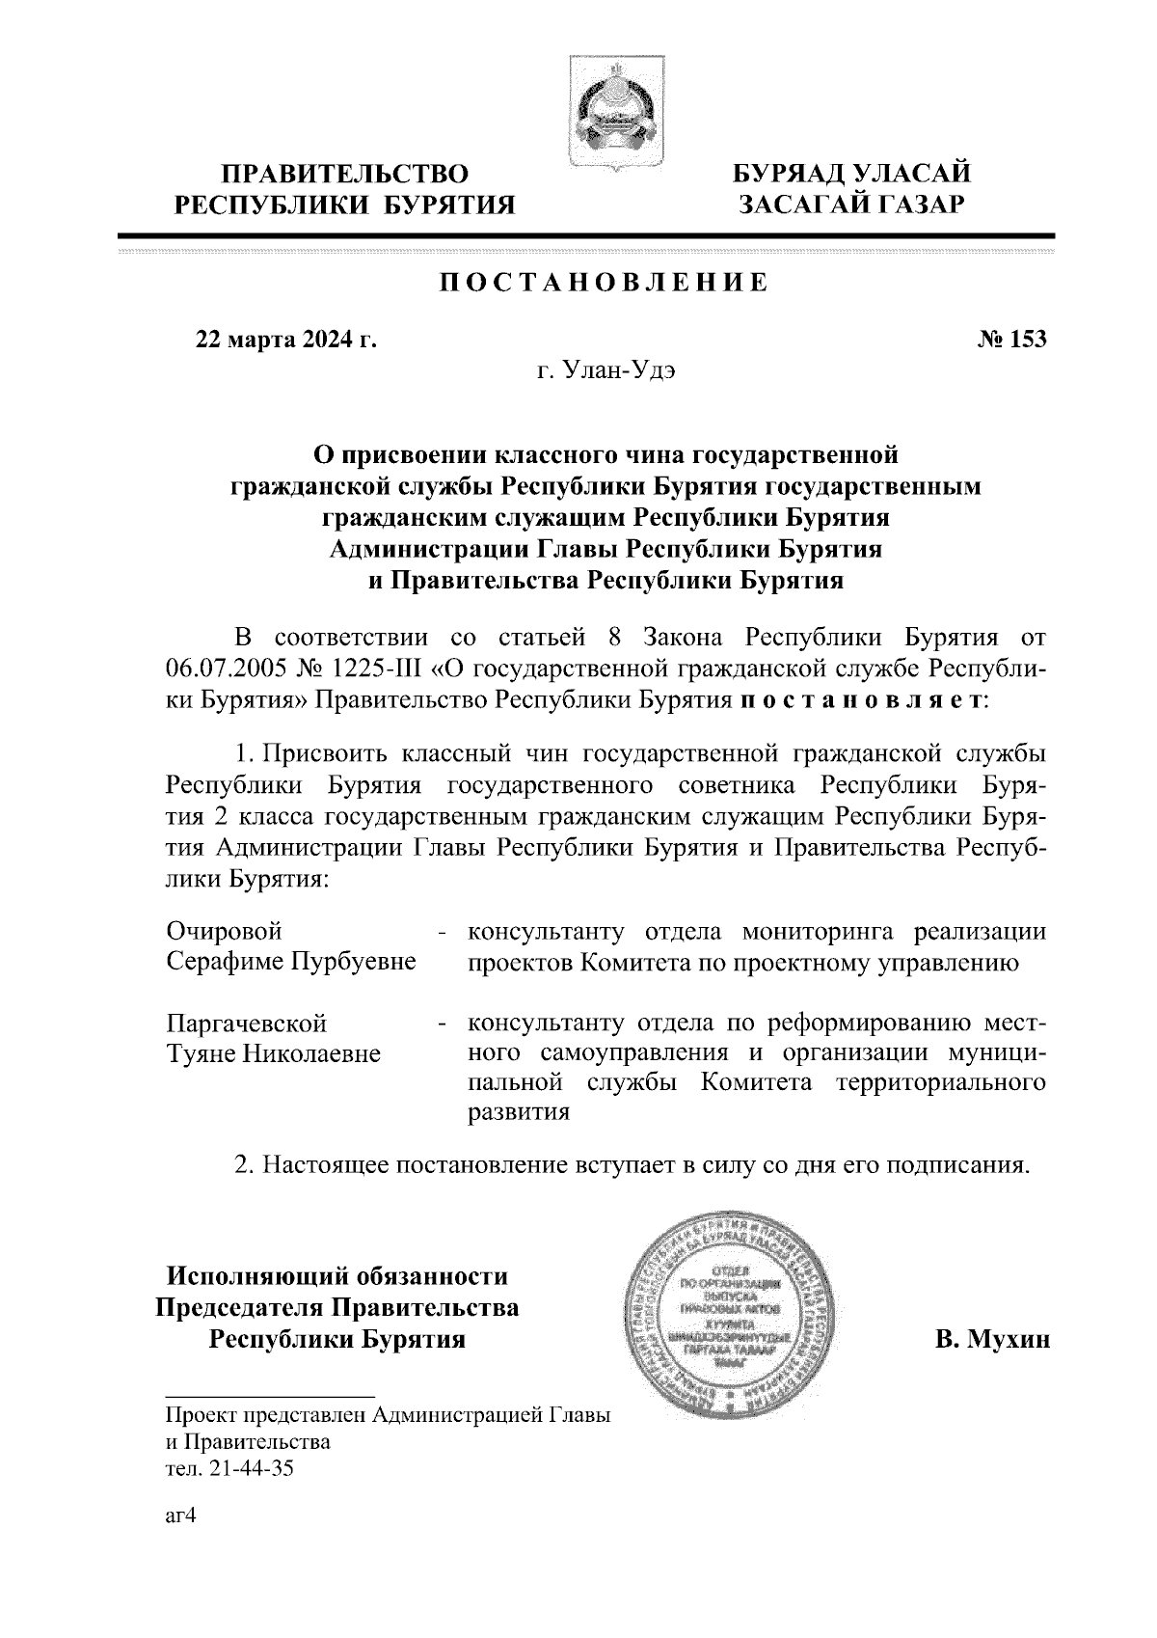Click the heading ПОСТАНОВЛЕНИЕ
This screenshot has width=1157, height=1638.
click(605, 283)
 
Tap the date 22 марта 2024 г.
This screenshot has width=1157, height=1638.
click(286, 340)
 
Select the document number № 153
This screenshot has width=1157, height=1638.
click(1011, 340)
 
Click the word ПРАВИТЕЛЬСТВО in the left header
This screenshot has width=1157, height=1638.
click(345, 175)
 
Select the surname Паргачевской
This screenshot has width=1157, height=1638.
click(247, 1023)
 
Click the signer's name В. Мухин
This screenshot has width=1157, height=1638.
click(991, 1340)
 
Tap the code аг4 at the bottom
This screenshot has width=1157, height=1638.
click(181, 1515)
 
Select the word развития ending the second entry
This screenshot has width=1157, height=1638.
click(519, 1112)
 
